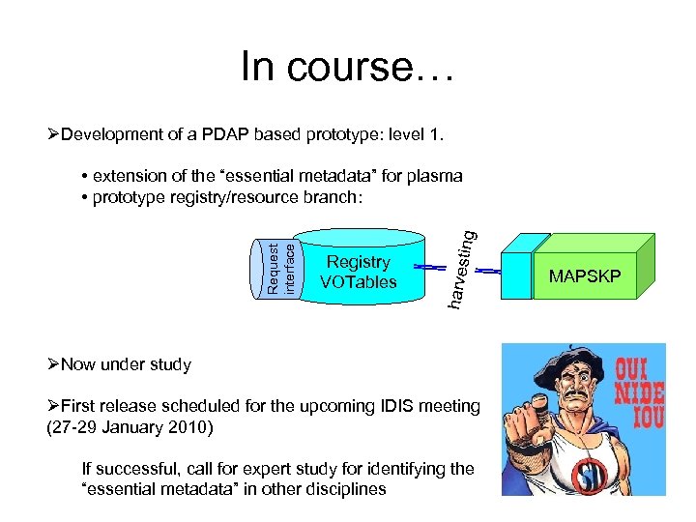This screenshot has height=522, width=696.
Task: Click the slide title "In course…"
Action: (347, 67)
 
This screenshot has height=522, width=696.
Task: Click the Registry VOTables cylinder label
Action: (359, 272)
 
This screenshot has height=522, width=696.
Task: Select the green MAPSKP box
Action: (585, 277)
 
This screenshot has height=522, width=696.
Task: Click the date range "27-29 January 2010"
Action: (131, 426)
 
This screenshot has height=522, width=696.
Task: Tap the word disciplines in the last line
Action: (342, 488)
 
